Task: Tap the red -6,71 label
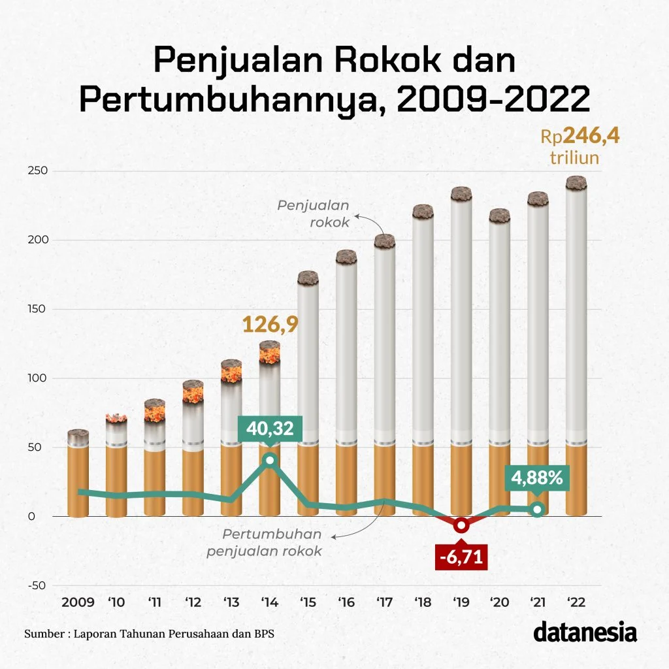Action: coord(461,559)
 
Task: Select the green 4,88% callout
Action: coord(536,478)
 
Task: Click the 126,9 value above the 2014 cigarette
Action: coord(270,324)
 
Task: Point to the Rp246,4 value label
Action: coord(579,137)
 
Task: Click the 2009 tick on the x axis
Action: coord(77,602)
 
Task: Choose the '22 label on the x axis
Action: coord(576,602)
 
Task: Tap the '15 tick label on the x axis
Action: coord(308,602)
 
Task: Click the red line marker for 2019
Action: coord(461,525)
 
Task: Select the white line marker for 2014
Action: coord(270,461)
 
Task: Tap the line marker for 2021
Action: coord(537,510)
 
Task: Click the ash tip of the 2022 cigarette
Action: coord(576,183)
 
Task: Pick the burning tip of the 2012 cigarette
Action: coord(193,391)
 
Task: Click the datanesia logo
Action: coord(585,632)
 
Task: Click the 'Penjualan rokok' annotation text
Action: coord(314,214)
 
